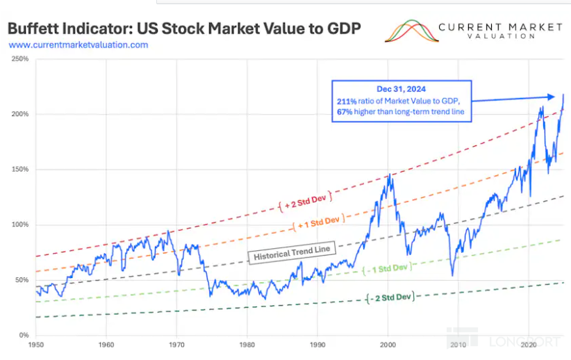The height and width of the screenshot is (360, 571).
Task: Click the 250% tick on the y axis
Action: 20,59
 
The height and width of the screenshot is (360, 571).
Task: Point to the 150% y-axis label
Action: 20,170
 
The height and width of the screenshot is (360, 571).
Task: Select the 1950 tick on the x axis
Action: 35,345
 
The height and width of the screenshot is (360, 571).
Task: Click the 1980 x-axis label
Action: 247,345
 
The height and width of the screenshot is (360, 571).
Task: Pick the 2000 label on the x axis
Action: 388,345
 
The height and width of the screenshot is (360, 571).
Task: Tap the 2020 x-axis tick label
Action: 529,345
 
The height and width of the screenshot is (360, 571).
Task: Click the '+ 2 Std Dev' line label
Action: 305,202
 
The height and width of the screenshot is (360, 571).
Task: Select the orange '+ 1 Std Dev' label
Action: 319,222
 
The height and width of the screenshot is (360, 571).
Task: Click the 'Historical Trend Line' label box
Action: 292,252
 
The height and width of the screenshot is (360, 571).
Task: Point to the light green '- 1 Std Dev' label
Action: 388,269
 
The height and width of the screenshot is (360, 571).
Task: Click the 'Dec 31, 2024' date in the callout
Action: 401,89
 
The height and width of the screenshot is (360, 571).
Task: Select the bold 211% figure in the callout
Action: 347,101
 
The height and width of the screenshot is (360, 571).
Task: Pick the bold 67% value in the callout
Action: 345,112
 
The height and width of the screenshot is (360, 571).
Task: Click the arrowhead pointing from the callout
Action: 551,97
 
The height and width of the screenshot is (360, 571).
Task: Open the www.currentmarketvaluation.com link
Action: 78,44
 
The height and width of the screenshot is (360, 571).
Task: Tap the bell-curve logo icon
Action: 411,31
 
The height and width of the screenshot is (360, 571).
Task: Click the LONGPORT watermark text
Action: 524,341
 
